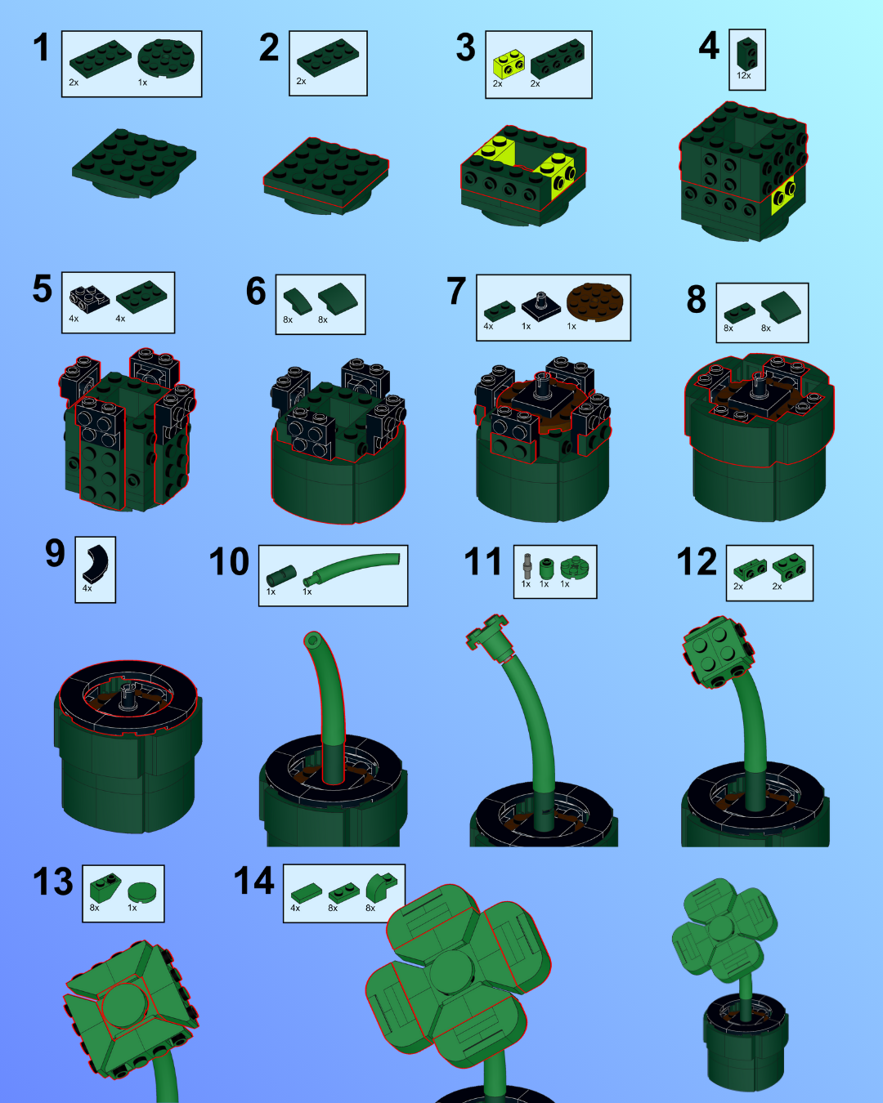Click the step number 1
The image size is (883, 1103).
coord(41,47)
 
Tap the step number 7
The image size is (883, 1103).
coord(456,291)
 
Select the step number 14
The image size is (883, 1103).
coord(254,881)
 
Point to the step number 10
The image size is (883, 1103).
coord(229,561)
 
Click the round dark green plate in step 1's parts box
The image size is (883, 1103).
coord(166,58)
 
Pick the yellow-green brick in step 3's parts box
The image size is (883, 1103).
coord(509,64)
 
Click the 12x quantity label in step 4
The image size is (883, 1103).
coord(743,75)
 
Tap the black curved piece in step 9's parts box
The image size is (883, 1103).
coord(96,565)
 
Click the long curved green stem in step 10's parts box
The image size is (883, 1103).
coord(354,566)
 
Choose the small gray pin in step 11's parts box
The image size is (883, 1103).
coord(527,566)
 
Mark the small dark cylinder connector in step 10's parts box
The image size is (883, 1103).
coord(281,575)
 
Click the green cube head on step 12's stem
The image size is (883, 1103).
coord(718,651)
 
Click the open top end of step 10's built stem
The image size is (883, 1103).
coord(312,640)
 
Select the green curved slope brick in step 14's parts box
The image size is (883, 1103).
coord(381,887)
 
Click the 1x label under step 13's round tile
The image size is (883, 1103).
coord(132,908)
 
